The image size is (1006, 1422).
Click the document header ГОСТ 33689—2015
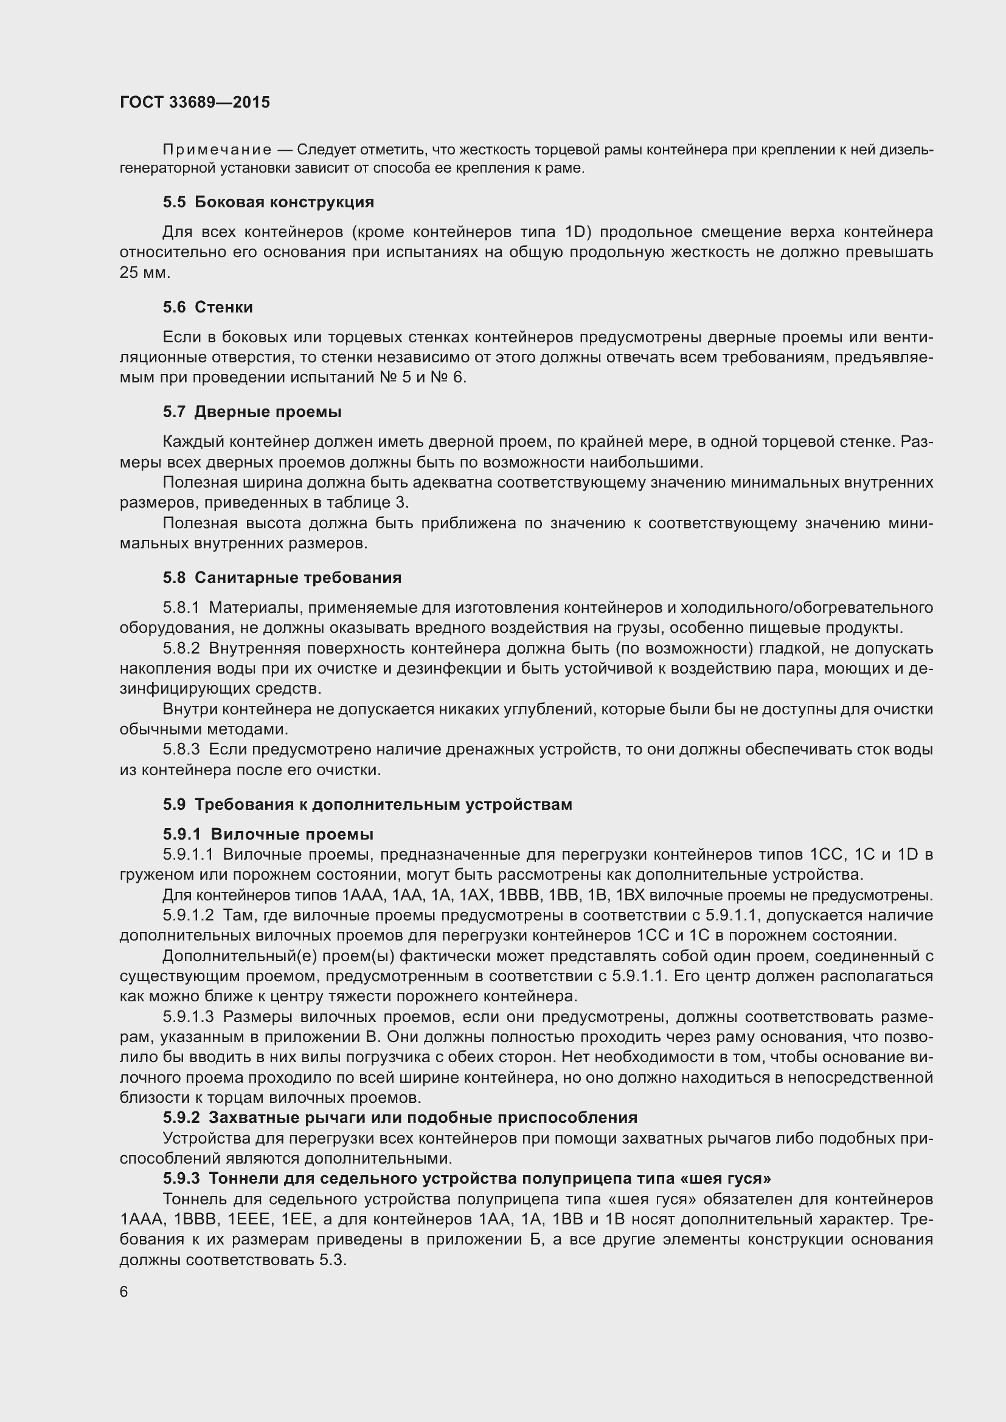point(195,102)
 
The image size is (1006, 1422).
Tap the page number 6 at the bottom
point(124,1291)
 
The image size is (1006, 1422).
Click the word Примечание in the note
point(217,150)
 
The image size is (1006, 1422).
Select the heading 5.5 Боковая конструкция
point(268,202)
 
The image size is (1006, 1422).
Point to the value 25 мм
point(144,272)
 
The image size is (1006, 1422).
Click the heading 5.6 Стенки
point(207,307)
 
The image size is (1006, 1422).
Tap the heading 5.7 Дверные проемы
point(252,412)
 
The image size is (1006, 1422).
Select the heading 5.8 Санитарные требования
point(282,577)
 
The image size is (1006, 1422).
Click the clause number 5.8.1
point(181,607)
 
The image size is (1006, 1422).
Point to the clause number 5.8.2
point(181,649)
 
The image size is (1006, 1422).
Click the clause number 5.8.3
point(181,750)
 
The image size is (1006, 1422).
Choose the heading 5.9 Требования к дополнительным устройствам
point(367,804)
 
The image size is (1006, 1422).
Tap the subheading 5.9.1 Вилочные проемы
point(268,834)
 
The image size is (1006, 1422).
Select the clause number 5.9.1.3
point(189,1017)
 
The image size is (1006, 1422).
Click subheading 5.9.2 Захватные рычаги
point(400,1117)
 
